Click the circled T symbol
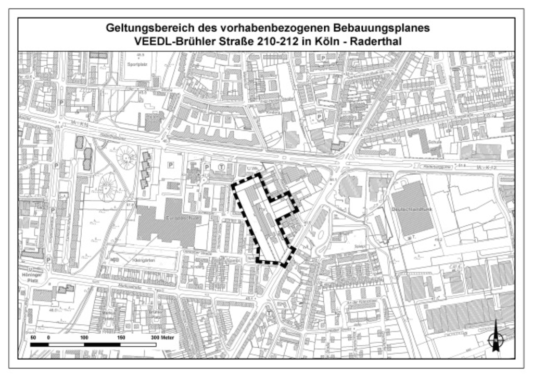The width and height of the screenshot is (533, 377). click(222, 167)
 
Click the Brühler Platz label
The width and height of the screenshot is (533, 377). click(155, 314)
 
